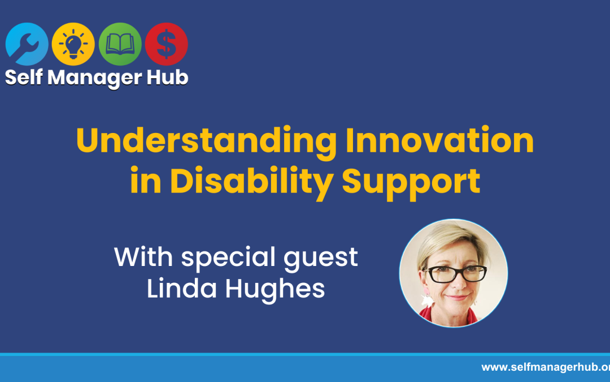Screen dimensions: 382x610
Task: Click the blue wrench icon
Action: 27,44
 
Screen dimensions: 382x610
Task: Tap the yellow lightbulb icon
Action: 73,44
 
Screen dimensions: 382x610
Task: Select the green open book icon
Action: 120,44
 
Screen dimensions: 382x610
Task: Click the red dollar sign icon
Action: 166,44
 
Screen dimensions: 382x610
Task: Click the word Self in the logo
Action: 24,78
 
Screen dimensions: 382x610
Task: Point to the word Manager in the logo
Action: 94,78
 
